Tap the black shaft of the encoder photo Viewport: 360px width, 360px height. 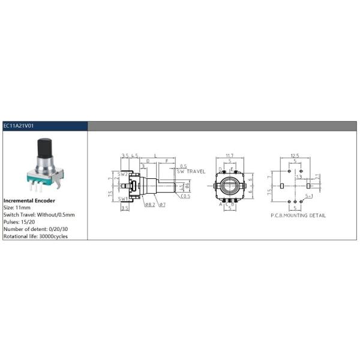click(45, 146)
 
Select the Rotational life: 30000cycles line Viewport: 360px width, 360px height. click(36, 236)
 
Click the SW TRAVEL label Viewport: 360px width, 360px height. click(191, 171)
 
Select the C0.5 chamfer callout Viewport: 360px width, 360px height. click(185, 196)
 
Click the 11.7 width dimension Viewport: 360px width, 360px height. click(229, 155)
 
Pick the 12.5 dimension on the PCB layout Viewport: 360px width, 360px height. click(293, 155)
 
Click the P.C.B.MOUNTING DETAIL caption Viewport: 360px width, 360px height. click(298, 215)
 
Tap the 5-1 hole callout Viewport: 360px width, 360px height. click(309, 196)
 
